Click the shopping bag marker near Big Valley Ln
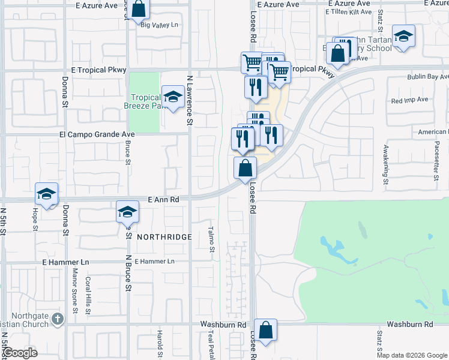coord(138,9)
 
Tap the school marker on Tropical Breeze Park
coord(173,97)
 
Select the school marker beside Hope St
coord(46,194)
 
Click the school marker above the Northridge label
coord(127,211)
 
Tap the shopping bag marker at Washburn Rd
coord(265,330)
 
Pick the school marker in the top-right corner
coord(404,35)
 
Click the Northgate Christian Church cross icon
coord(57,318)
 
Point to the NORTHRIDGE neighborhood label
coord(164,237)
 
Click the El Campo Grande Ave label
coord(97,134)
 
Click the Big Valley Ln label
coord(159,25)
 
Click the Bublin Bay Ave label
coord(428,77)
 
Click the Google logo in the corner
coord(20,353)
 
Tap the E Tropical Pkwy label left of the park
coord(98,70)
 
